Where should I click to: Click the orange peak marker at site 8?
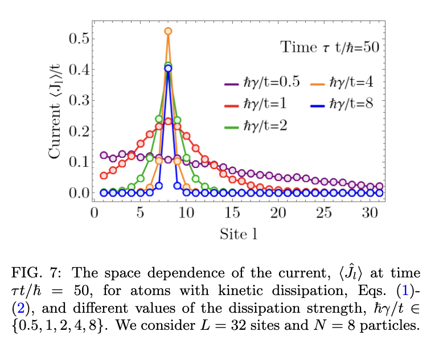[x=168, y=31]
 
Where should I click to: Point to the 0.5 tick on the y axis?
[x=79, y=39]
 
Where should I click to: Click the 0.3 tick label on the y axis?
[x=79, y=100]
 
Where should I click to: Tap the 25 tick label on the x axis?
[x=323, y=214]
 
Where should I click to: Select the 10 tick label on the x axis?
[x=186, y=214]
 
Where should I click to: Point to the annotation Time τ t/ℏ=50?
[x=330, y=47]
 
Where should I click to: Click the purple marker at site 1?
[x=104, y=155]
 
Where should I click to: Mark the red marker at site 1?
[x=104, y=175]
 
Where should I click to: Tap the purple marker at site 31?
[x=379, y=186]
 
